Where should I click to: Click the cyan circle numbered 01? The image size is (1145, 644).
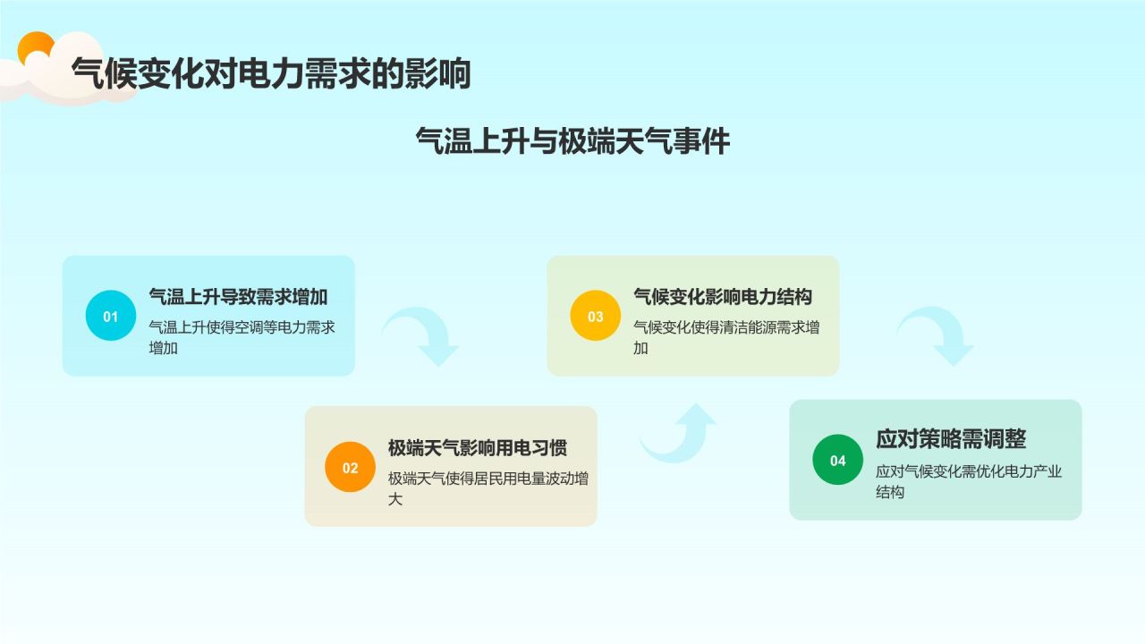pyautogui.click(x=111, y=316)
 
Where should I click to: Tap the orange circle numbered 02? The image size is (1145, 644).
pyautogui.click(x=350, y=467)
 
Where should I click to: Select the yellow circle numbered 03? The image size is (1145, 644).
pyautogui.click(x=595, y=316)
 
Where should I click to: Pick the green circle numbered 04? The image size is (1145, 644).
pyautogui.click(x=837, y=460)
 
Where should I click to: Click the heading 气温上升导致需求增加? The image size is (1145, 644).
pyautogui.click(x=238, y=297)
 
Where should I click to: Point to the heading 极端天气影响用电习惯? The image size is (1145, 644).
pyautogui.click(x=477, y=447)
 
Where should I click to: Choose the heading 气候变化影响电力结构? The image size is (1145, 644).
pyautogui.click(x=723, y=297)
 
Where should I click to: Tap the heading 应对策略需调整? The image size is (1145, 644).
pyautogui.click(x=951, y=439)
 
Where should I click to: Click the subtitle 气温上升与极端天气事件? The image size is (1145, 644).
pyautogui.click(x=572, y=141)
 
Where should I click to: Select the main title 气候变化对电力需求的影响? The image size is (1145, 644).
pyautogui.click(x=271, y=74)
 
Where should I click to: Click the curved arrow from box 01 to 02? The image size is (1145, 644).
pyautogui.click(x=422, y=335)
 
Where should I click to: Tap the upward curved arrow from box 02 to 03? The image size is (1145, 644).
pyautogui.click(x=680, y=434)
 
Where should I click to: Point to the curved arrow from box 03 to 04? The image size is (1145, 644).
pyautogui.click(x=936, y=335)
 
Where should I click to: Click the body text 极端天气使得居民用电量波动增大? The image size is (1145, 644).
pyautogui.click(x=488, y=488)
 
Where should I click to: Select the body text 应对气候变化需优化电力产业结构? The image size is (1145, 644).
pyautogui.click(x=968, y=481)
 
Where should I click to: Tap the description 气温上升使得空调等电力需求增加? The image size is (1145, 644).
pyautogui.click(x=242, y=337)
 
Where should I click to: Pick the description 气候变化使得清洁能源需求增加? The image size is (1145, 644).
pyautogui.click(x=725, y=337)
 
